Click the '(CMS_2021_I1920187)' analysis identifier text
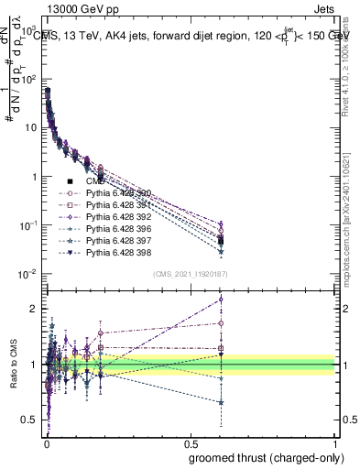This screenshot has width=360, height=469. [190, 274]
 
